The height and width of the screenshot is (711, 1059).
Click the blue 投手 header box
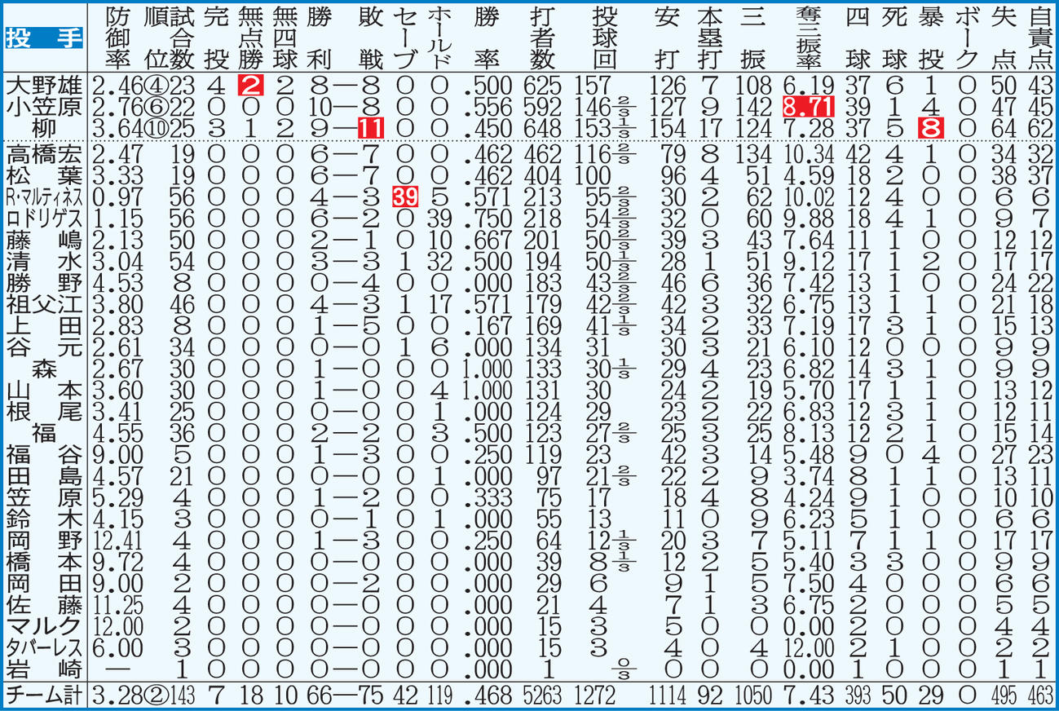[x=44, y=38]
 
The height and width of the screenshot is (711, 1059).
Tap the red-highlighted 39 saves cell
[x=405, y=197]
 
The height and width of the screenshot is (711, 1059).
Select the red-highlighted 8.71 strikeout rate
[x=808, y=108]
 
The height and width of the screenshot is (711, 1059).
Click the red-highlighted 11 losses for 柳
[x=371, y=129]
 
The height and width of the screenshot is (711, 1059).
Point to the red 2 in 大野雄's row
[x=250, y=86]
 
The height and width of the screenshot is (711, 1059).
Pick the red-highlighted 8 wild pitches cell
[x=931, y=129]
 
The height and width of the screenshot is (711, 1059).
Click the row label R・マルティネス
[x=44, y=197]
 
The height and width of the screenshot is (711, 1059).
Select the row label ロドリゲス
[x=44, y=219]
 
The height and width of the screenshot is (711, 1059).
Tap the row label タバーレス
[x=44, y=648]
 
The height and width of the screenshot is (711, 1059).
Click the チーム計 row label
[x=44, y=696]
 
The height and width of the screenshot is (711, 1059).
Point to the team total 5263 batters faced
[x=543, y=696]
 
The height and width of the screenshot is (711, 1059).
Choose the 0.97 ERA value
[x=117, y=197]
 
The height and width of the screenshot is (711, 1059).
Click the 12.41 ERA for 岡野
[x=117, y=541]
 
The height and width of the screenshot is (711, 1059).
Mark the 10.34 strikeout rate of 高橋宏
[x=808, y=155]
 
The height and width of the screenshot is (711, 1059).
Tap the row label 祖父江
[x=44, y=304]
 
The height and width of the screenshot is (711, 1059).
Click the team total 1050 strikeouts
[x=753, y=696]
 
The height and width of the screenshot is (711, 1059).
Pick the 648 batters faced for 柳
[x=543, y=129]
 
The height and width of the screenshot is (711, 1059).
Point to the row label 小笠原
[x=44, y=108]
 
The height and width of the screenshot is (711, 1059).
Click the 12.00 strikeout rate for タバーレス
[x=808, y=648]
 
